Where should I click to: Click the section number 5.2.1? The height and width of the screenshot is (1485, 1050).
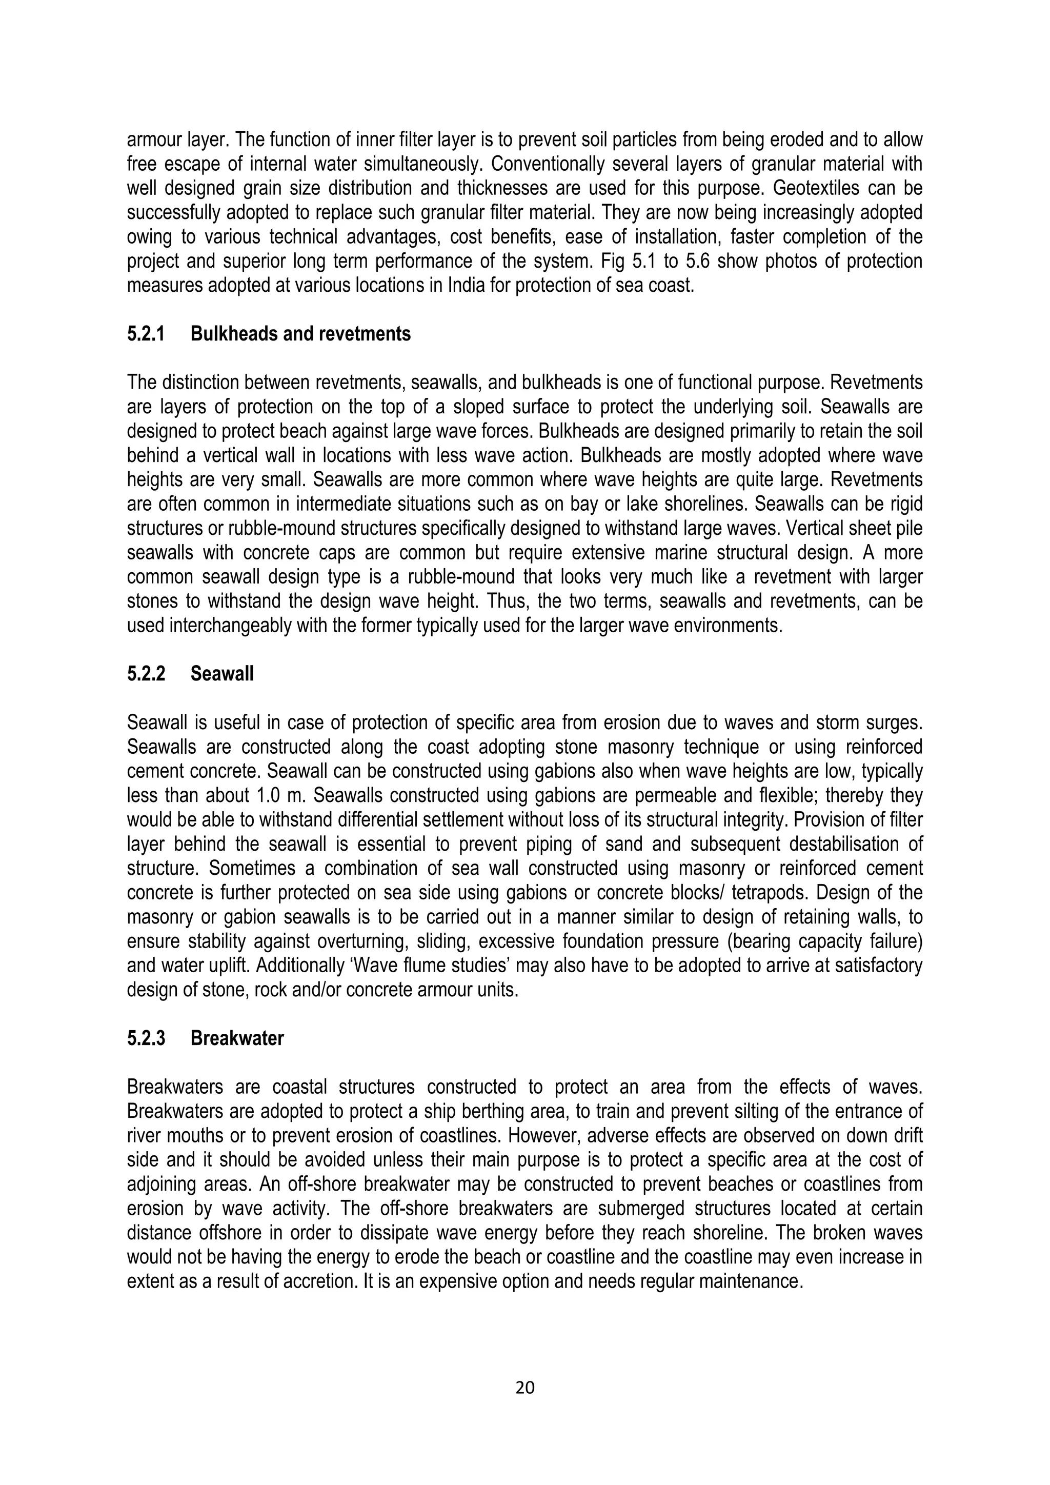[x=146, y=334]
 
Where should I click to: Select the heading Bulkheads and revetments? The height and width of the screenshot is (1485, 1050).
[x=300, y=334]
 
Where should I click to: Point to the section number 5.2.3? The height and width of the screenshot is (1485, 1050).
[x=146, y=1039]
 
